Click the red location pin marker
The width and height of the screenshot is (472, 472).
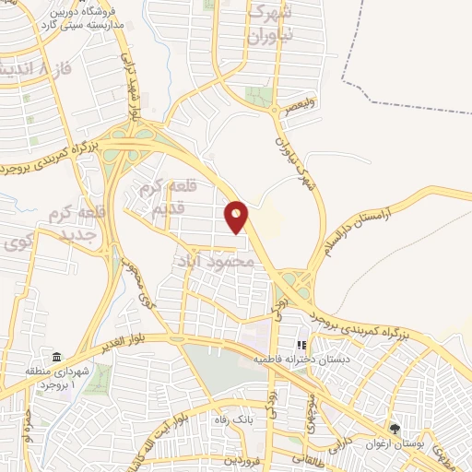237,216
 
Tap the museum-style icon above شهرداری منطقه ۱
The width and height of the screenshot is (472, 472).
57,357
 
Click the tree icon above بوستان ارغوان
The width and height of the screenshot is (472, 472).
396,429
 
